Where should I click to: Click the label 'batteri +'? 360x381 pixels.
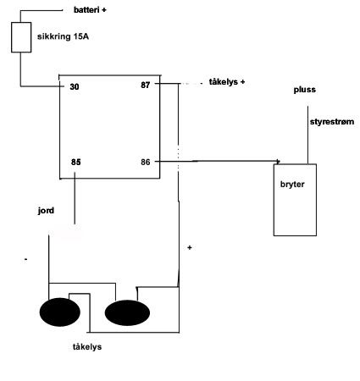[90, 10]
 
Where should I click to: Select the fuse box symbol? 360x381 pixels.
[21, 37]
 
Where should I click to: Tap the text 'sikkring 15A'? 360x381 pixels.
[63, 36]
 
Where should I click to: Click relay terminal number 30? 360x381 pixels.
[75, 86]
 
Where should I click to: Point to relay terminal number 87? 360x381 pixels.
[146, 85]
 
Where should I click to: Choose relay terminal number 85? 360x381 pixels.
[76, 162]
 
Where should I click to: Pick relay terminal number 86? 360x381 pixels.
[146, 162]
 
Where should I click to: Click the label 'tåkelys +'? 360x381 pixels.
[227, 82]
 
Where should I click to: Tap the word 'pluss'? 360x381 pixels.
[305, 90]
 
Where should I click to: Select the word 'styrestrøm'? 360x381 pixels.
[332, 122]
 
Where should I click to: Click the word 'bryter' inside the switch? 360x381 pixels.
[292, 185]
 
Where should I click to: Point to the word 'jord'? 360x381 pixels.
[46, 211]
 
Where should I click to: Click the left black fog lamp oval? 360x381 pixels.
[60, 312]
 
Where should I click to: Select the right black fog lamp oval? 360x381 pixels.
[127, 312]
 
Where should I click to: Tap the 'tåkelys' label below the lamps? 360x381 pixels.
[87, 346]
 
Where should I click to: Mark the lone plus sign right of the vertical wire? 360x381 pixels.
[190, 247]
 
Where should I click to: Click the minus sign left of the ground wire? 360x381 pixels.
[26, 259]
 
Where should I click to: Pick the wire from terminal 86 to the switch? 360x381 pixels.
[218, 161]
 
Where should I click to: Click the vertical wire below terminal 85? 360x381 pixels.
[75, 198]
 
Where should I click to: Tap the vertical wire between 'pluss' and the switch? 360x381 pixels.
[307, 135]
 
